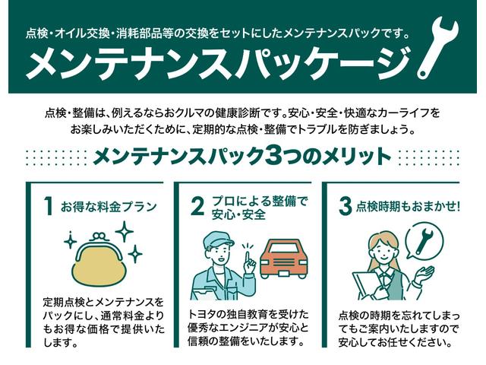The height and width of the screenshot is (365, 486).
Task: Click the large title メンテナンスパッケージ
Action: (213, 63)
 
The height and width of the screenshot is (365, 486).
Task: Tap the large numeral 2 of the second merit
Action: (197, 207)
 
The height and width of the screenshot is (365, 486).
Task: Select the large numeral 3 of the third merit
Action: (343, 207)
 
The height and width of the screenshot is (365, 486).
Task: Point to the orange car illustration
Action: (285, 259)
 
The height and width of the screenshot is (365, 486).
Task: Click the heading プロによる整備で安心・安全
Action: (259, 207)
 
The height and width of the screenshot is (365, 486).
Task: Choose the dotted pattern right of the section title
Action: (430, 157)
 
